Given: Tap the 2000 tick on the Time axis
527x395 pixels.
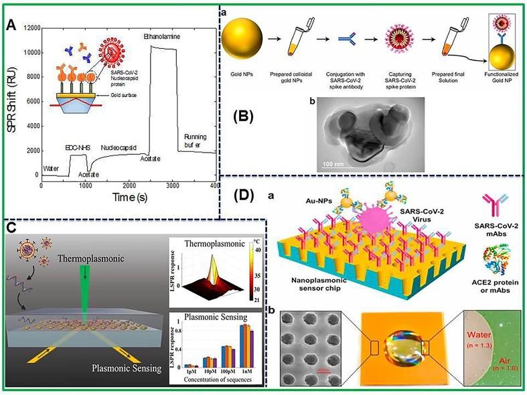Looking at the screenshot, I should tap(128, 185).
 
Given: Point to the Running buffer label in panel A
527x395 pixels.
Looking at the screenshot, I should tap(200, 141).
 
